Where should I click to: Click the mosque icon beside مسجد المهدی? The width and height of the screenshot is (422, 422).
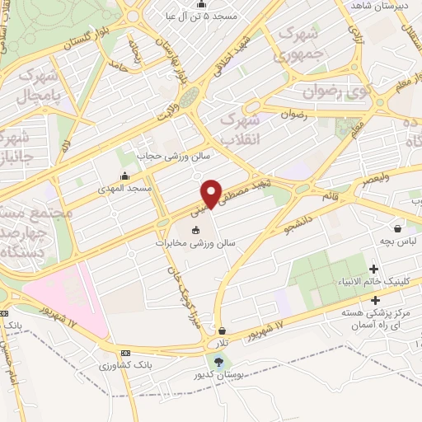pyautogui.click(x=124, y=176)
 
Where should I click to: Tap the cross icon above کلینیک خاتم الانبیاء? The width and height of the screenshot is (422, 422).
pyautogui.click(x=375, y=269)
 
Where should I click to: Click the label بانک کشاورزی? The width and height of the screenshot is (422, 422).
pyautogui.click(x=125, y=363)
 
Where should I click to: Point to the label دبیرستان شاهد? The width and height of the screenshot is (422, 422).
pyautogui.click(x=380, y=6)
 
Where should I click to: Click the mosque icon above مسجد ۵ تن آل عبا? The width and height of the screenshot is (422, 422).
pyautogui.click(x=201, y=3)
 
